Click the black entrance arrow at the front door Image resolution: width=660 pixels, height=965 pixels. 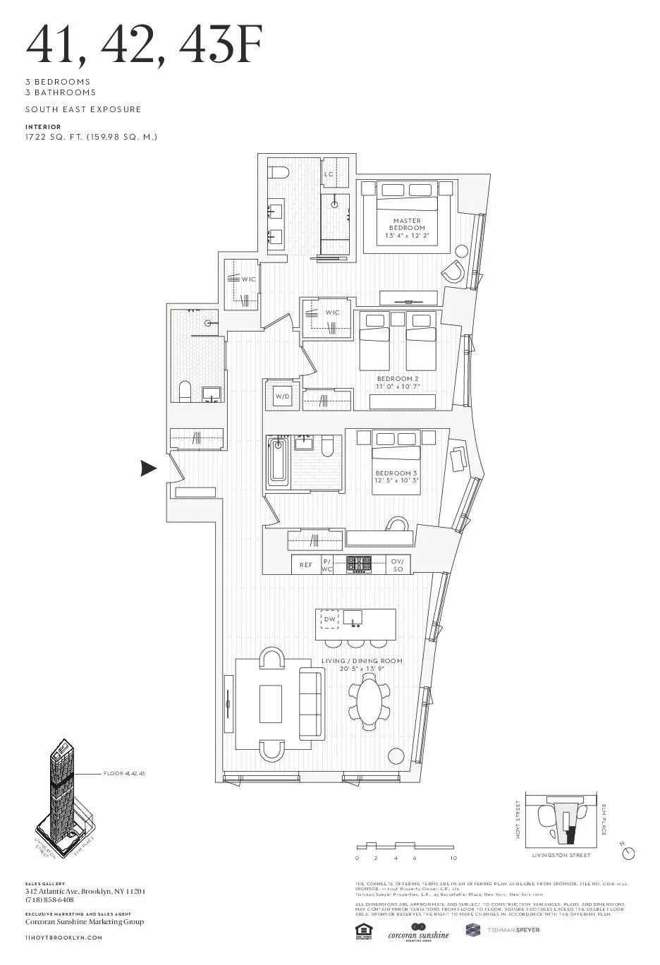148,468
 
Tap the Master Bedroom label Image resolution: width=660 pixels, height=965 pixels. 408,224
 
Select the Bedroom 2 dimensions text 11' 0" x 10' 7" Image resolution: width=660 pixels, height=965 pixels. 398,387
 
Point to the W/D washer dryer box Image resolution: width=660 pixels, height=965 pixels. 283,397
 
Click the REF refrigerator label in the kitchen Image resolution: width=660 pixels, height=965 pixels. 306,565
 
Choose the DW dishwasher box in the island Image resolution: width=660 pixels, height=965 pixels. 330,619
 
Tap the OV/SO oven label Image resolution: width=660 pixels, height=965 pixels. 398,565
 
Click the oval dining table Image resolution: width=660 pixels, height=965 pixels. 369,703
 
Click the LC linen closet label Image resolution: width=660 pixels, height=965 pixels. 329,174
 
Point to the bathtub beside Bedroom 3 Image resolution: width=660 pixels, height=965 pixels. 279,461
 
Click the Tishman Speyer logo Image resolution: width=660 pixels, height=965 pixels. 503,930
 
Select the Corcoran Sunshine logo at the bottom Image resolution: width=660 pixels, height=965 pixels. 418,931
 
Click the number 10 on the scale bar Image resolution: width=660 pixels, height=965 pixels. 453,858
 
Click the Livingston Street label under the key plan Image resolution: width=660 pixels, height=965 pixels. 561,855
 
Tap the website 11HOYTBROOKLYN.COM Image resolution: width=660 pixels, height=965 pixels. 64,937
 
